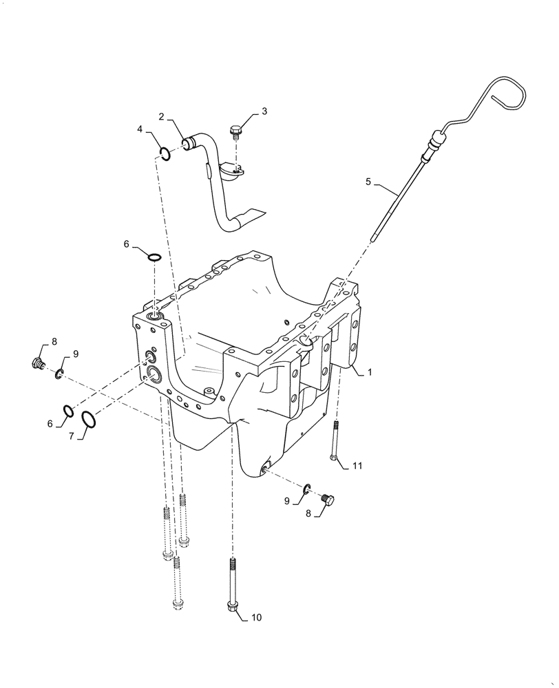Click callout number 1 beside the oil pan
pos(370,372)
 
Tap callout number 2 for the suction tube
pos(161,116)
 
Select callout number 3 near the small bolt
pos(265,110)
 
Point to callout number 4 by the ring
pos(140,129)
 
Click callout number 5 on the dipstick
pos(368,182)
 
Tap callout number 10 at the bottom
pos(256,617)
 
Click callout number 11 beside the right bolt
pos(357,466)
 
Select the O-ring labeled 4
pos(165,153)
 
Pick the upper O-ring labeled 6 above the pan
pos(154,258)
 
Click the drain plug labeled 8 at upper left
pos(39,363)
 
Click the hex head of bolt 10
pos(232,605)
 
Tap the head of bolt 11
pos(334,458)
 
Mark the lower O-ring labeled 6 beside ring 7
pos(69,411)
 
